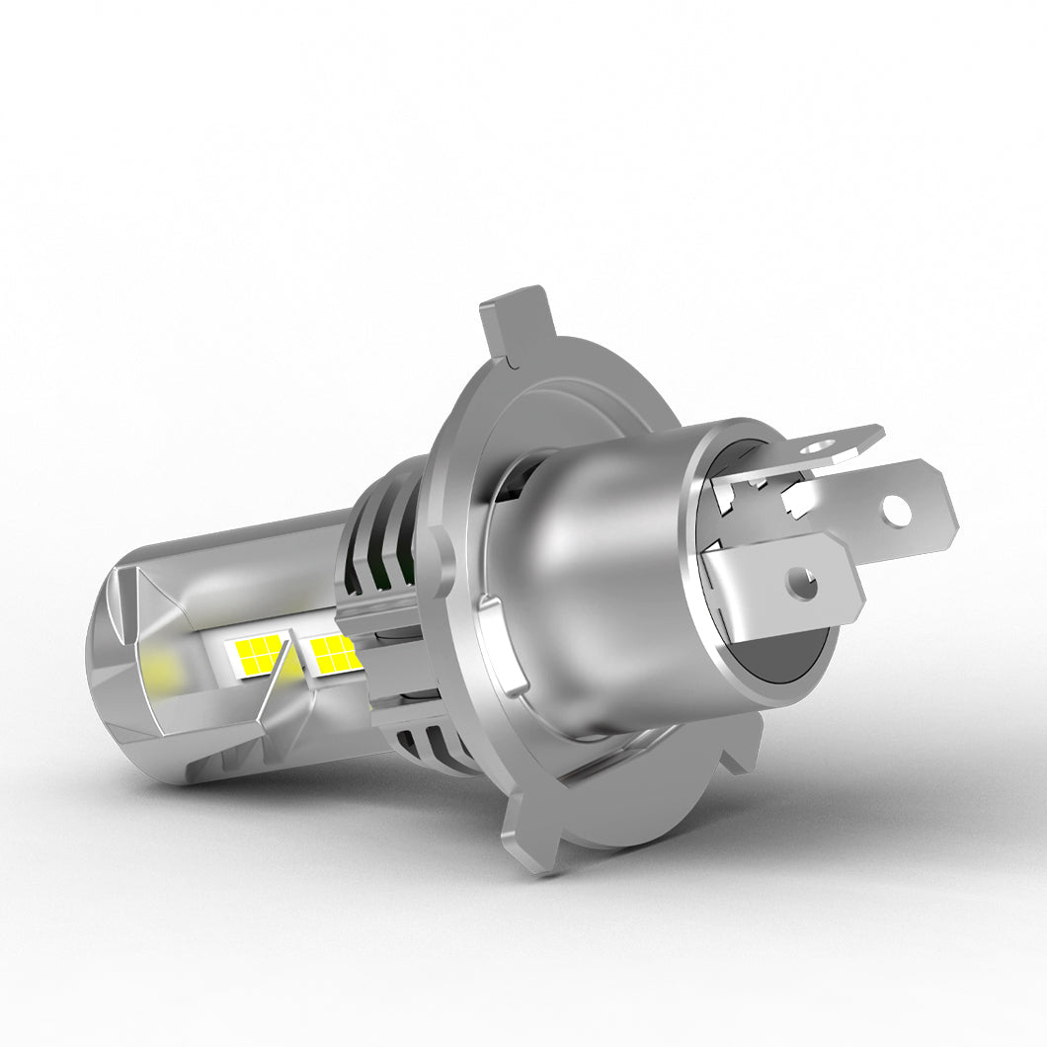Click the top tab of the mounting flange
(x=514, y=321)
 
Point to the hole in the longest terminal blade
(x=896, y=511)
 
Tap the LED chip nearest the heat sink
(x=333, y=650)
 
